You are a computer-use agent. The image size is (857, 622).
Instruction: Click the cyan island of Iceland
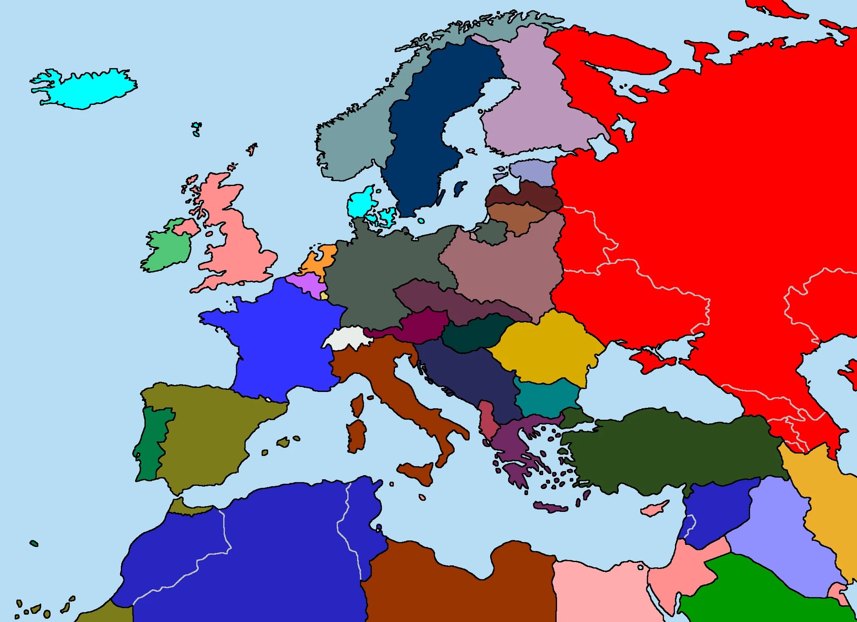point(86,90)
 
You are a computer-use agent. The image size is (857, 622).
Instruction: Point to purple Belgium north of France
point(306,283)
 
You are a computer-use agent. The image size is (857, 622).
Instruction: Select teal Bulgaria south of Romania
point(546,398)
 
